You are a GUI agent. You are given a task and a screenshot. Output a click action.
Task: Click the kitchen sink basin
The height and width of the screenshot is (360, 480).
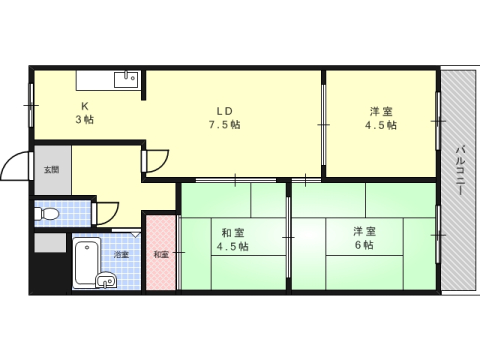point(127,80)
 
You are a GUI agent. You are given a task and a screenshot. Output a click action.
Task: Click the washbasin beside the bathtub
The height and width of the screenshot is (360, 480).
point(107,281)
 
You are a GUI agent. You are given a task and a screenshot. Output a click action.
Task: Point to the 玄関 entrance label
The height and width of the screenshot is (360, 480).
point(51,170)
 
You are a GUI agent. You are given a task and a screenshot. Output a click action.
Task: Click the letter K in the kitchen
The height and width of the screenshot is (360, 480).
point(84,105)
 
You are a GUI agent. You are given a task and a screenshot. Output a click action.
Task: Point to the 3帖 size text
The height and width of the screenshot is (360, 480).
point(84,120)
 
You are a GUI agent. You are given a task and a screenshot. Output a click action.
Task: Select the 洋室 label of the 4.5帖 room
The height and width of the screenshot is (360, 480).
point(380,110)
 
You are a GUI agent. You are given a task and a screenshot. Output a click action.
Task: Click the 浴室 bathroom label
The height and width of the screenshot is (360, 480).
point(121,255)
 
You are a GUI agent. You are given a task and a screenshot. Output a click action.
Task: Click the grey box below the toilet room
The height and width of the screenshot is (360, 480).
point(49,242)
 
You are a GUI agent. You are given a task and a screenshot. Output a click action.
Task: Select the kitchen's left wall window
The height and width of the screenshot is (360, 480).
point(32,97)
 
